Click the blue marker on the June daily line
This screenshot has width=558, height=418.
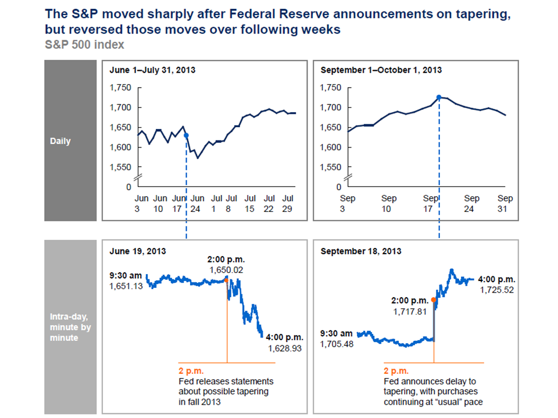click(186, 135)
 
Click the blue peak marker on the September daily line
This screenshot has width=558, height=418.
click(439, 98)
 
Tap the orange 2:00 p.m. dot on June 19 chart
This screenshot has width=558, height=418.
click(227, 280)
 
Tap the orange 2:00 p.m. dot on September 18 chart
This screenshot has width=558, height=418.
click(434, 300)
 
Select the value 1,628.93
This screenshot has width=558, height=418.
click(285, 348)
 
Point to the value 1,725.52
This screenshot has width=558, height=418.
click(496, 290)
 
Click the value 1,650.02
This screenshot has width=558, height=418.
click(227, 270)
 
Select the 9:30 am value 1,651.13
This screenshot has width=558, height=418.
click(126, 286)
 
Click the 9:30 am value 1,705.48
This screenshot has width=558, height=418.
click(337, 344)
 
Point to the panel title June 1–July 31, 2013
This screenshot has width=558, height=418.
click(152, 70)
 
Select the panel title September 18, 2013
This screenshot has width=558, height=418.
click(360, 251)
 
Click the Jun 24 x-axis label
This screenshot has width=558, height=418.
click(198, 203)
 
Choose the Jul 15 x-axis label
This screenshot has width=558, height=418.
click(251, 203)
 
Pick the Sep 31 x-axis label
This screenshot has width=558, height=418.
click(505, 203)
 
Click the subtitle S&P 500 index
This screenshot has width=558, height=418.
click(85, 44)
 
